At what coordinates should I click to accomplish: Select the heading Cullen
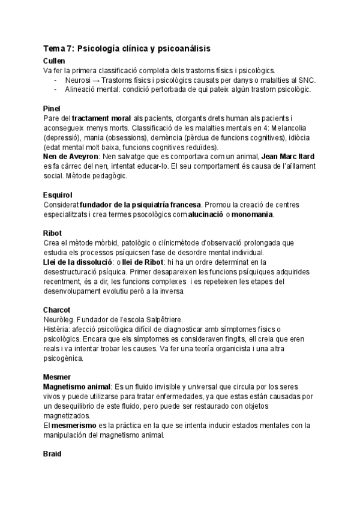pyautogui.click(x=55, y=61)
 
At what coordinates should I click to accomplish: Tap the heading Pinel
pyautogui.click(x=52, y=108)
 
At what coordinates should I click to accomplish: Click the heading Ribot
pyautogui.click(x=53, y=232)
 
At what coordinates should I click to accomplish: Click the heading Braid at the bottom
pyautogui.click(x=53, y=455)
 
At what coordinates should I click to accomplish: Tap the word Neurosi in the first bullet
pyautogui.click(x=78, y=80)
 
